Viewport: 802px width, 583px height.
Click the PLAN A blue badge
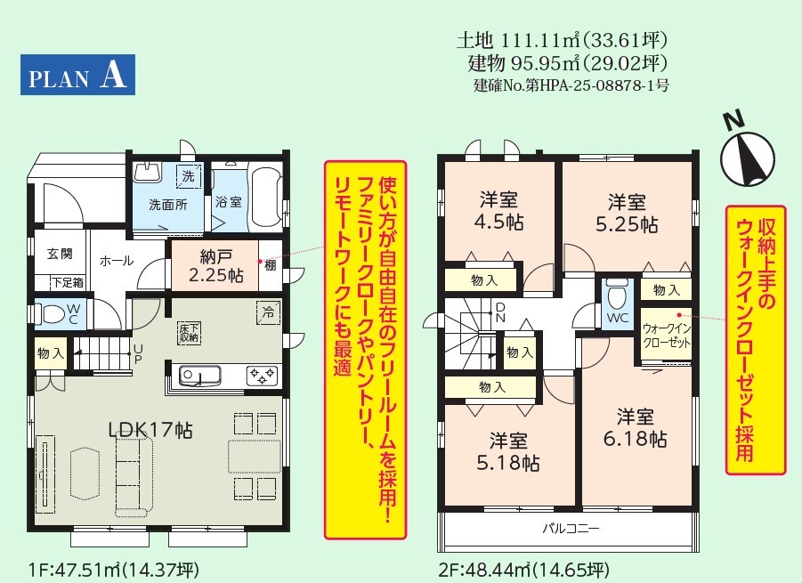(77, 75)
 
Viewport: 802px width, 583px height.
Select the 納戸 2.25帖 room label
(215, 266)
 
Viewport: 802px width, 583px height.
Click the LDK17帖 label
(151, 430)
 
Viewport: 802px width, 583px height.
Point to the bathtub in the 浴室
(265, 196)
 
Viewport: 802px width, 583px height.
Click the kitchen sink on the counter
(199, 377)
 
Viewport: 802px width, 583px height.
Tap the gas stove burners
(263, 376)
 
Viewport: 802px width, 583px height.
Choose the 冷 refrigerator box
(268, 312)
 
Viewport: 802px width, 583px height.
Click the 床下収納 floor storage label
(189, 332)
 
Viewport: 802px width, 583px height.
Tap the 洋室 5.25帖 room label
(627, 214)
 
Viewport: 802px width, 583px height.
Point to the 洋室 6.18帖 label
(636, 427)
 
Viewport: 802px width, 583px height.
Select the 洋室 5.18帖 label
(508, 451)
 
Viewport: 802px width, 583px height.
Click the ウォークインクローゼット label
(667, 336)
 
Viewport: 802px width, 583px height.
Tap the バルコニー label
(571, 528)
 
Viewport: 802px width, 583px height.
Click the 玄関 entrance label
(60, 253)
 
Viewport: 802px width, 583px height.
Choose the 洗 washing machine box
(189, 176)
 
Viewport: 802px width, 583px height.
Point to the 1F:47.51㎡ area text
(115, 569)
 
